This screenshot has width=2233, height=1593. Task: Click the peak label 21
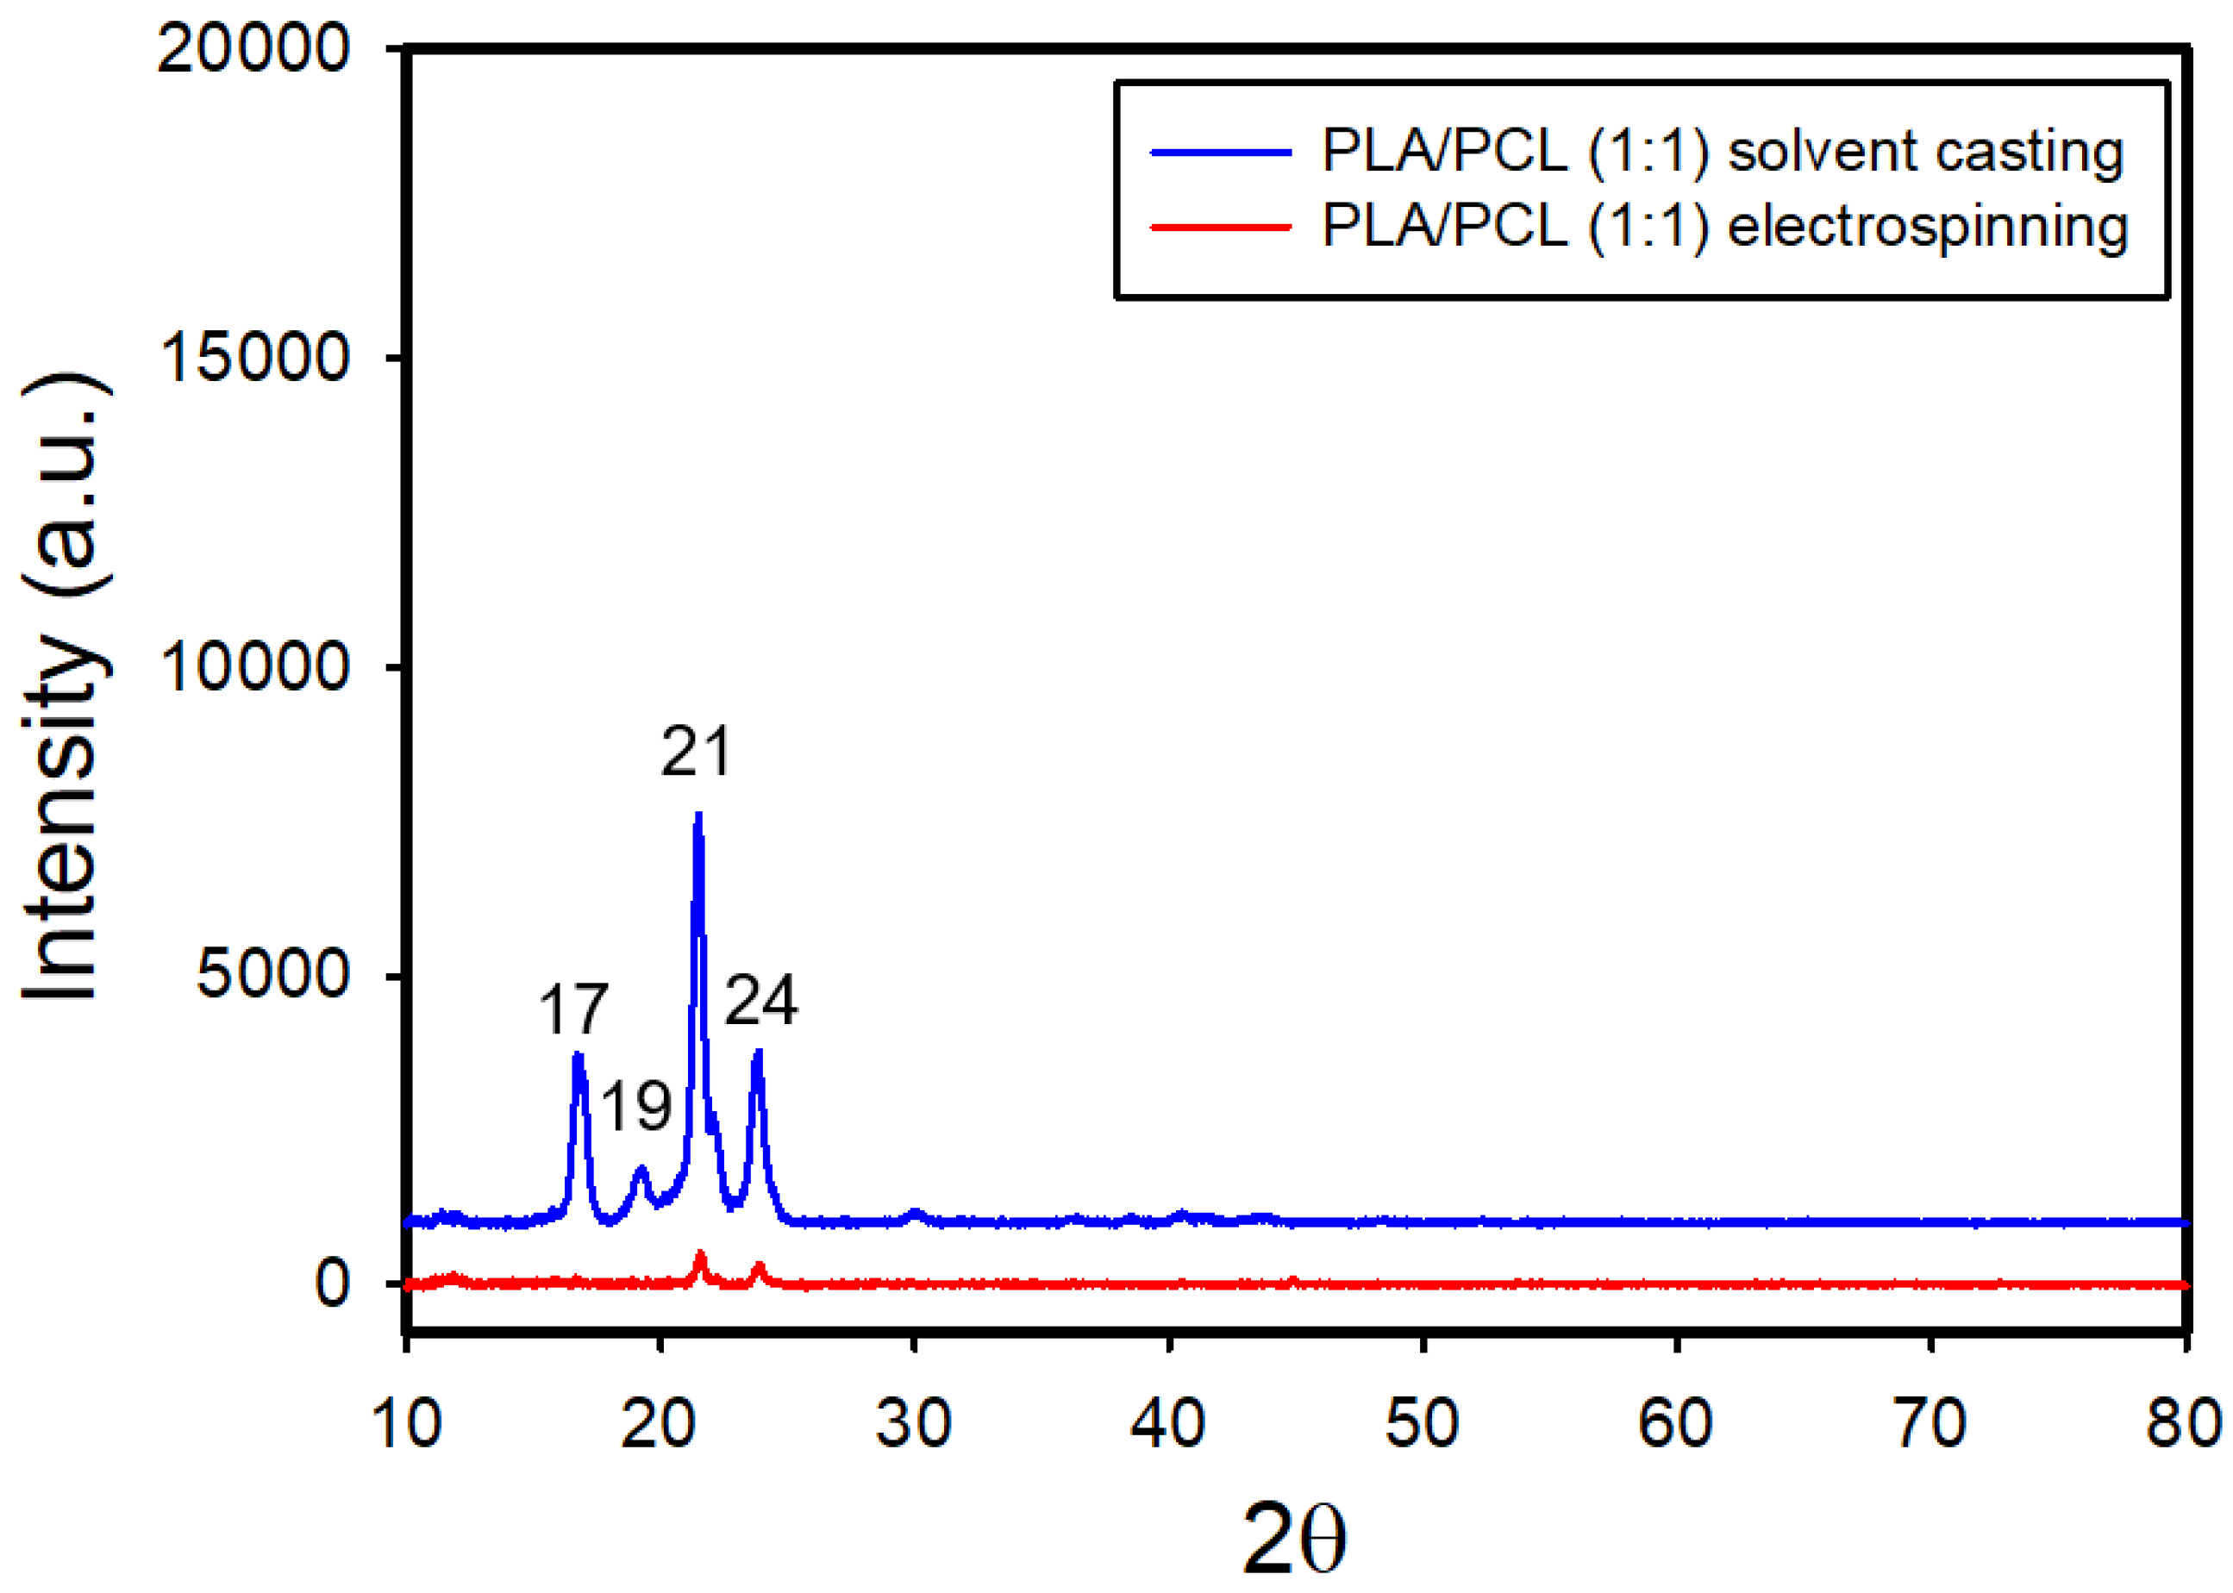(695, 753)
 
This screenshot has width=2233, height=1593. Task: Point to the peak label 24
(760, 1001)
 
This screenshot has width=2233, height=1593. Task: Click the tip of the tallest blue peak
(698, 816)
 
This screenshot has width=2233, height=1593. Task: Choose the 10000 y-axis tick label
(253, 666)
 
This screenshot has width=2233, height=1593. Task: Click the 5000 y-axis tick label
(272, 975)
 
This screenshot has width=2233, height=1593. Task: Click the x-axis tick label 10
(406, 1423)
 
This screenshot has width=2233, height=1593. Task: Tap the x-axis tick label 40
(1167, 1423)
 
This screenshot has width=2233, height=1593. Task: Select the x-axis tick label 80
(2184, 1423)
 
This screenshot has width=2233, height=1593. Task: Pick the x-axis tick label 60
(1676, 1423)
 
